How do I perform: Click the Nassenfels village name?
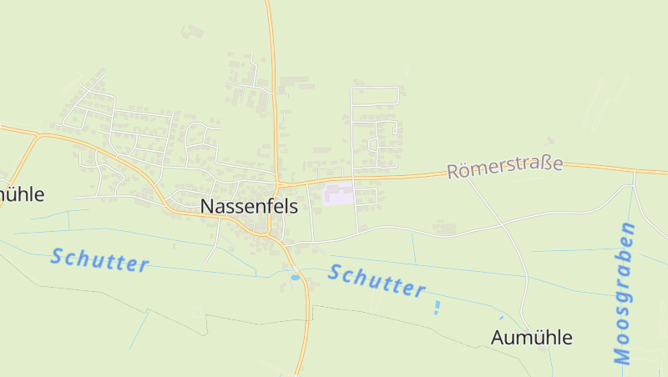249,208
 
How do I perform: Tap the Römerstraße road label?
504,168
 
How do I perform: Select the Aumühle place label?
532,338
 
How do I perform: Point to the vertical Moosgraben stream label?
624,294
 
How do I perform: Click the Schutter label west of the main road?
99,260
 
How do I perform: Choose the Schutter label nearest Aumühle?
377,280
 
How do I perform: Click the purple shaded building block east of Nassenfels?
339,194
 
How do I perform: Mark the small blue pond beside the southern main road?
294,276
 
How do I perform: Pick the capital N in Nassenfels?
207,208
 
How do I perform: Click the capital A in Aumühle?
498,338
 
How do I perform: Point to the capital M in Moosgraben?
622,355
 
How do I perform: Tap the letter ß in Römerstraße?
546,165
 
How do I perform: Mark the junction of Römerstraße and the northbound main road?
278,183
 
